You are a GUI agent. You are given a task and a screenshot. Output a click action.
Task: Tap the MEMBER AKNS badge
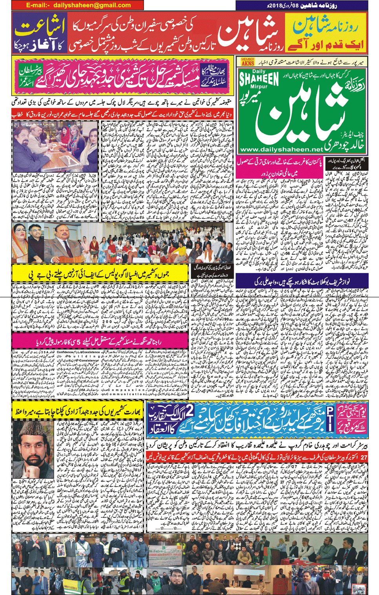(x=248, y=62)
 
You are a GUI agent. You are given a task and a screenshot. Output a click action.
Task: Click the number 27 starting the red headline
(x=363, y=458)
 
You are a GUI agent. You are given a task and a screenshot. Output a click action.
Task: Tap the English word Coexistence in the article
(x=91, y=352)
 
